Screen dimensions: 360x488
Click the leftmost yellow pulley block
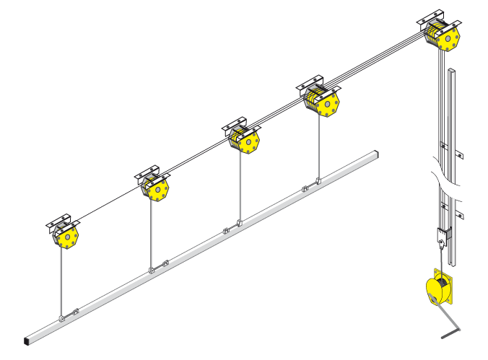66,237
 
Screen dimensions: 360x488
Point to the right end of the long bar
375,154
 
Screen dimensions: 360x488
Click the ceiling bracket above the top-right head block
435,17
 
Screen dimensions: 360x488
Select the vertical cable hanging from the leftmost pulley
62,281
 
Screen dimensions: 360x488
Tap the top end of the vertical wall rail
452,70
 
